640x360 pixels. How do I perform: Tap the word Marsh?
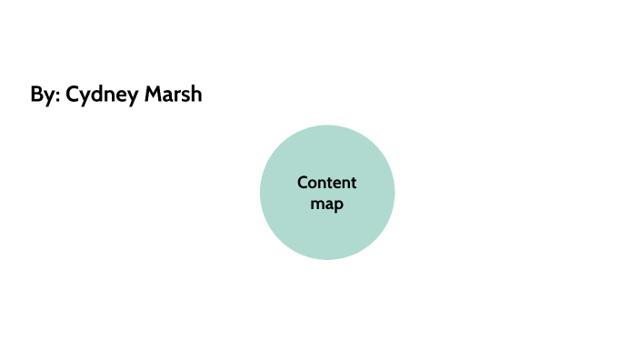click(x=175, y=95)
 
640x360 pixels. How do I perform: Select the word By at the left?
click(x=43, y=95)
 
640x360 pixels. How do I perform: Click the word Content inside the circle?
click(x=327, y=183)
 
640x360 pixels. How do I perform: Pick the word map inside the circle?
click(x=327, y=204)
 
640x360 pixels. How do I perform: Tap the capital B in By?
click(x=37, y=95)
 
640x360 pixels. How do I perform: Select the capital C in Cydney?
click(x=74, y=95)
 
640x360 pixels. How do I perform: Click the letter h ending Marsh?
click(x=196, y=95)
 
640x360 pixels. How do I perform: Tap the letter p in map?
click(x=339, y=205)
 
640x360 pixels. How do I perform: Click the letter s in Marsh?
click(x=185, y=95)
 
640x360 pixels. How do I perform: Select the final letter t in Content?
click(x=354, y=183)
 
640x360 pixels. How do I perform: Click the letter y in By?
click(x=49, y=97)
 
